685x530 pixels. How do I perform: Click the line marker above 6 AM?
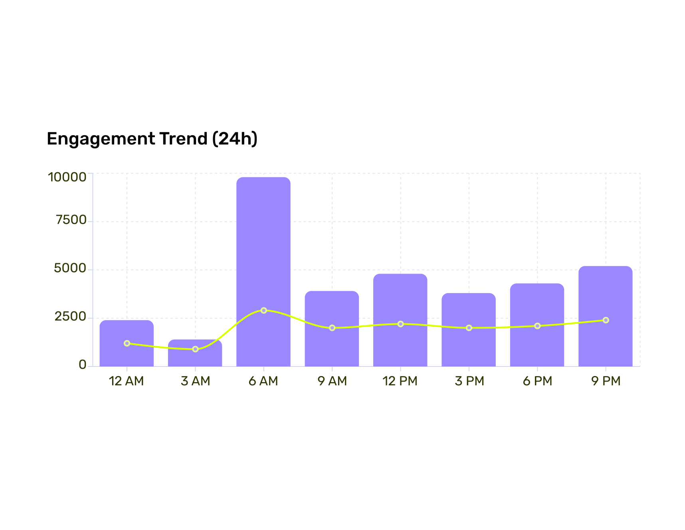[264, 310]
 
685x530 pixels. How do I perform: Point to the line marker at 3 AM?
[195, 349]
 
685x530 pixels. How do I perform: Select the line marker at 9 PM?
[606, 320]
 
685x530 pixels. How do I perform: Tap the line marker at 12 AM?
[127, 343]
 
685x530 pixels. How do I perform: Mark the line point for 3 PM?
[469, 328]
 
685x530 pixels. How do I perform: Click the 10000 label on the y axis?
[67, 177]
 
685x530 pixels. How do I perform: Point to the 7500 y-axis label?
[71, 220]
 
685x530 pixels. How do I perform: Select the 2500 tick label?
[70, 317]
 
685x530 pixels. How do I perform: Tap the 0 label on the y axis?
[83, 365]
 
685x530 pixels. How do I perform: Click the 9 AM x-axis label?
[332, 381]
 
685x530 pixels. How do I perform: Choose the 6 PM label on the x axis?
[537, 381]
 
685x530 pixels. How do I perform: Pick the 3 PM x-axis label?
[469, 381]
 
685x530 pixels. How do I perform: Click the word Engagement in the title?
[101, 139]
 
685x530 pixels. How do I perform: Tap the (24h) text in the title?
[235, 139]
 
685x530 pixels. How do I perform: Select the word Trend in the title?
[183, 139]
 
